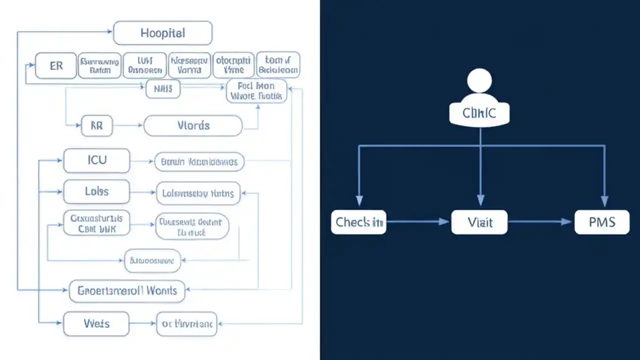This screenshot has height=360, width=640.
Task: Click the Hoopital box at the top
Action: pyautogui.click(x=163, y=33)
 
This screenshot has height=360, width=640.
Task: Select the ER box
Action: pyautogui.click(x=56, y=65)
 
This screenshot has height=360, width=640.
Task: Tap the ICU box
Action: pyautogui.click(x=96, y=161)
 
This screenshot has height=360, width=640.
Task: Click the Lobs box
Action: pyautogui.click(x=96, y=192)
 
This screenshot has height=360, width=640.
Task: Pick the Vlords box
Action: pyautogui.click(x=193, y=125)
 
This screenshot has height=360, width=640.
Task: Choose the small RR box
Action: pyautogui.click(x=96, y=126)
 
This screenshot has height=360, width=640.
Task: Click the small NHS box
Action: pyautogui.click(x=163, y=89)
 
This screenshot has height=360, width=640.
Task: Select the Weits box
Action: pyautogui.click(x=96, y=324)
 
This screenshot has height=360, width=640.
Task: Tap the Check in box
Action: pyautogui.click(x=358, y=222)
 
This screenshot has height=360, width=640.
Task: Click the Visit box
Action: pyautogui.click(x=479, y=222)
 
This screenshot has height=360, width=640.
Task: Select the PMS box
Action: pyautogui.click(x=602, y=222)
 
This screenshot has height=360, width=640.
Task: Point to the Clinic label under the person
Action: pyautogui.click(x=479, y=113)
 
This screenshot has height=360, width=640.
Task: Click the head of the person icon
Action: pyautogui.click(x=479, y=80)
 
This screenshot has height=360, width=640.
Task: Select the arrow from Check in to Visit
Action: pyautogui.click(x=418, y=221)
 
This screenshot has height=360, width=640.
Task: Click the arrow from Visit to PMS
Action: pyautogui.click(x=540, y=221)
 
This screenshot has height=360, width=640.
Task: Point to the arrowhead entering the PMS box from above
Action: pyautogui.click(x=604, y=202)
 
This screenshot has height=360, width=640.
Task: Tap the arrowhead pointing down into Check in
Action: pyautogui.click(x=358, y=202)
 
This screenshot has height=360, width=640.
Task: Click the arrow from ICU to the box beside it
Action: pyautogui.click(x=142, y=161)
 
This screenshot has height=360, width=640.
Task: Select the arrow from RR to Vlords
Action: pyautogui.click(x=128, y=126)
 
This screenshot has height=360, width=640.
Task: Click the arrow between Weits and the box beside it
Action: pyautogui.click(x=142, y=324)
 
